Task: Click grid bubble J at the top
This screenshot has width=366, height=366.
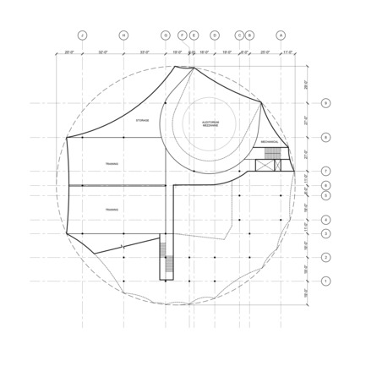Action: pyautogui.click(x=83, y=36)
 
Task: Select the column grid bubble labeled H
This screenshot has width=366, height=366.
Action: pyautogui.click(x=123, y=36)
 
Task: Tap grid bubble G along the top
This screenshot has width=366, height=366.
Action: pyautogui.click(x=166, y=36)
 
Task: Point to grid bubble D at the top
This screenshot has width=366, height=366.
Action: pyautogui.click(x=215, y=36)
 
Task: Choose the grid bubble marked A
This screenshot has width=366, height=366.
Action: pyautogui.click(x=281, y=36)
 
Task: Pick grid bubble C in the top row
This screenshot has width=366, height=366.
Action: pyautogui.click(x=239, y=36)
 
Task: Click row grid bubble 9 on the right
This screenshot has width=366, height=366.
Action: pyautogui.click(x=326, y=103)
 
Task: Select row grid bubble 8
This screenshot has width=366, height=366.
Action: pyautogui.click(x=326, y=137)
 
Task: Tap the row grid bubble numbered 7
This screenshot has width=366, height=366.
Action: pyautogui.click(x=326, y=171)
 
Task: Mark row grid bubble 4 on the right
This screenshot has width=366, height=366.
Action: pyautogui.click(x=326, y=220)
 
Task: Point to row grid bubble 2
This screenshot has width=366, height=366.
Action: pyautogui.click(x=326, y=257)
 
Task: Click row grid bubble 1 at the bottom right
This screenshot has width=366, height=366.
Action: pyautogui.click(x=326, y=281)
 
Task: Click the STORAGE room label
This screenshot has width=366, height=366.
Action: pyautogui.click(x=142, y=121)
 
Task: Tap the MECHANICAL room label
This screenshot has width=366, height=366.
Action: pyautogui.click(x=270, y=141)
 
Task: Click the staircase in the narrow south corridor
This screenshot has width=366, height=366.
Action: pyautogui.click(x=167, y=264)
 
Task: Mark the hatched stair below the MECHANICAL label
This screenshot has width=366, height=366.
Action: pyautogui.click(x=272, y=153)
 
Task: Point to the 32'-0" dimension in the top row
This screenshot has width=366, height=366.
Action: pyautogui.click(x=103, y=52)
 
